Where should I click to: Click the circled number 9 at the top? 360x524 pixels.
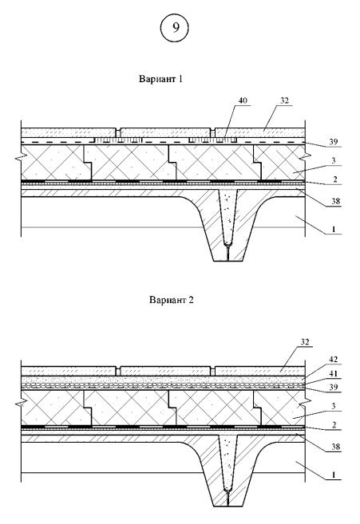coord(176,28)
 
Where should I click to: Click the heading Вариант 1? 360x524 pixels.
coord(160,79)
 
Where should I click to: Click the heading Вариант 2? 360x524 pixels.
coord(172,299)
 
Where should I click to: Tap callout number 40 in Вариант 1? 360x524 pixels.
coord(243,100)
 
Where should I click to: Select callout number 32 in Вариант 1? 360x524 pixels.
coord(284,100)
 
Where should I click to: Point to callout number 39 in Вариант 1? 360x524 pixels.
coord(333,141)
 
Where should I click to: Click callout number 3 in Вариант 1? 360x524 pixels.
coord(333,160)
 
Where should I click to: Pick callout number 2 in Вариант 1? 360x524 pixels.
coord(335,179)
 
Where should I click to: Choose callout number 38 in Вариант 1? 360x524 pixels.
coord(335,201)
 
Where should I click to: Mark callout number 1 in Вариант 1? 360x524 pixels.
coord(333,229)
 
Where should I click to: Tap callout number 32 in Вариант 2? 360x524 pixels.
coord(305,341)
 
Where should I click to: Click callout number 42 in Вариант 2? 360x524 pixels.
coord(333,360)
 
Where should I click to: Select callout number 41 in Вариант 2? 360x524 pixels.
coord(333,373)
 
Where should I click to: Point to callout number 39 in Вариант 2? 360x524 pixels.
coord(333,387)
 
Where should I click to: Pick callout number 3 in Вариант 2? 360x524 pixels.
coord(333,406)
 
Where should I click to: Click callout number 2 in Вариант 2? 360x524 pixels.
coord(335,425)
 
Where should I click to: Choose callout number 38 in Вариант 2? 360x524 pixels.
coord(335,446)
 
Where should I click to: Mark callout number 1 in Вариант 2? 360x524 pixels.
coord(333,475)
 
